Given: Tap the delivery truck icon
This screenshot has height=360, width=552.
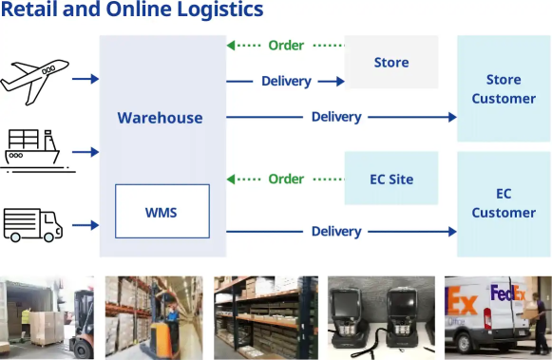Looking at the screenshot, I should point(33,224).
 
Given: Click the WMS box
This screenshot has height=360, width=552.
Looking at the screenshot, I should point(162,211).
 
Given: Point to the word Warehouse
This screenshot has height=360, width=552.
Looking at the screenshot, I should point(160,118).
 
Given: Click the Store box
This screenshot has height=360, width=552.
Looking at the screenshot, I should point(390,63).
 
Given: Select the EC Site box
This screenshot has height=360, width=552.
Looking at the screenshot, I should point(390,179).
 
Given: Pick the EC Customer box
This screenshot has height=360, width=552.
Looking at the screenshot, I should point(504,202).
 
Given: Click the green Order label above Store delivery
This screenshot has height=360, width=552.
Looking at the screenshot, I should point(286,46).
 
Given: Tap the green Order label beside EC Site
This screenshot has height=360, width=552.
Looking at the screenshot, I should point(286,179).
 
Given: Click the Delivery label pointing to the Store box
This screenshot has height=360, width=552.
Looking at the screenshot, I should point(286,82).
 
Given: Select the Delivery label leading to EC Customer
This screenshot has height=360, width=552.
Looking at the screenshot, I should point(336,232).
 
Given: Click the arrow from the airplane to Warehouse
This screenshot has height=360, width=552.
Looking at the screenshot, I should point(86,79).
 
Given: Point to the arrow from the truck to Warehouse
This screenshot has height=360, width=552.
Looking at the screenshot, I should point(86,225).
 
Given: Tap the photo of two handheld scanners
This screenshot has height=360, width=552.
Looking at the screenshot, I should point(380,317).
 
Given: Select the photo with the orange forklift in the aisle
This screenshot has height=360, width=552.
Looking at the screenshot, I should point(154,317).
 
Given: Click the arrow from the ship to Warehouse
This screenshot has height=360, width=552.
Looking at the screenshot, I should point(86,152).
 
